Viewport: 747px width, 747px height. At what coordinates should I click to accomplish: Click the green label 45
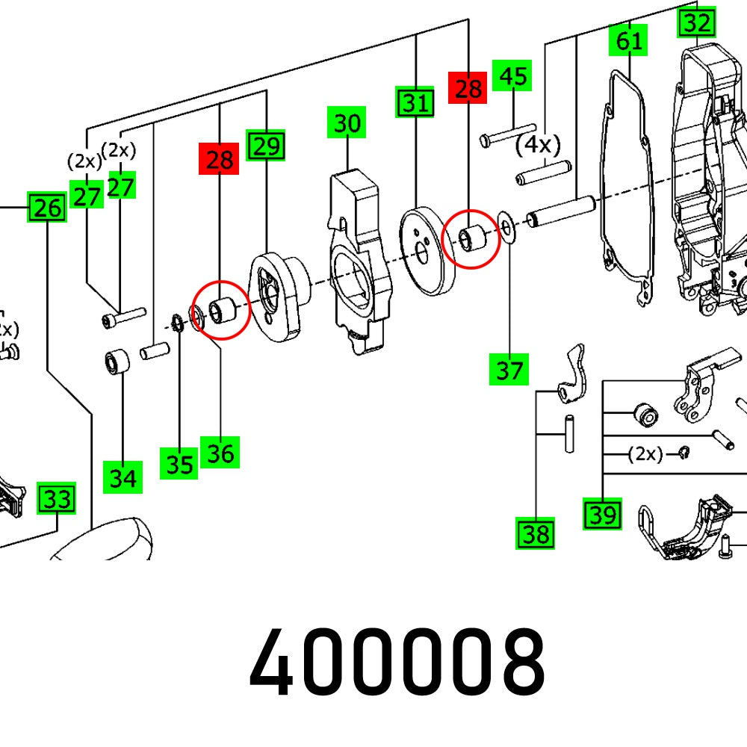[512, 76]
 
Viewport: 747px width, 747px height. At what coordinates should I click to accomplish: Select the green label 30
[347, 123]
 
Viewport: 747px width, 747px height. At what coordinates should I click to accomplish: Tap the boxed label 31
[415, 102]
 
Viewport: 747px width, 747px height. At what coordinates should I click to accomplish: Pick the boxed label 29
[267, 145]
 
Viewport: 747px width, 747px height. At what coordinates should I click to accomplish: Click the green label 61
[629, 40]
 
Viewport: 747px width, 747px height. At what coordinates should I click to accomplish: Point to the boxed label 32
[696, 23]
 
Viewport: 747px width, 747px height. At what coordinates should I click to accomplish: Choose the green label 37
[509, 369]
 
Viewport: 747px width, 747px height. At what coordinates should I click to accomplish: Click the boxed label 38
[536, 533]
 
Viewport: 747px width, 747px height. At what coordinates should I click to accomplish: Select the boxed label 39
[602, 514]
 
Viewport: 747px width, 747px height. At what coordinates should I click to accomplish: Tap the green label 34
[123, 476]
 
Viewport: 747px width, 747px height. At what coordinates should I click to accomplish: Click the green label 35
[179, 464]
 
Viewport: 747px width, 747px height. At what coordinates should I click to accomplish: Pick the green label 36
[220, 453]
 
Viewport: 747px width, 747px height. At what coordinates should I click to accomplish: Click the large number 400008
[397, 662]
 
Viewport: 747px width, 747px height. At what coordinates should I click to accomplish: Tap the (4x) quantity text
[538, 145]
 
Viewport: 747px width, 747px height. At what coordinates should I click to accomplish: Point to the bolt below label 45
[509, 133]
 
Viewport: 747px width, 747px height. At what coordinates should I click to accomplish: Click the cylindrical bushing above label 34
[117, 362]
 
